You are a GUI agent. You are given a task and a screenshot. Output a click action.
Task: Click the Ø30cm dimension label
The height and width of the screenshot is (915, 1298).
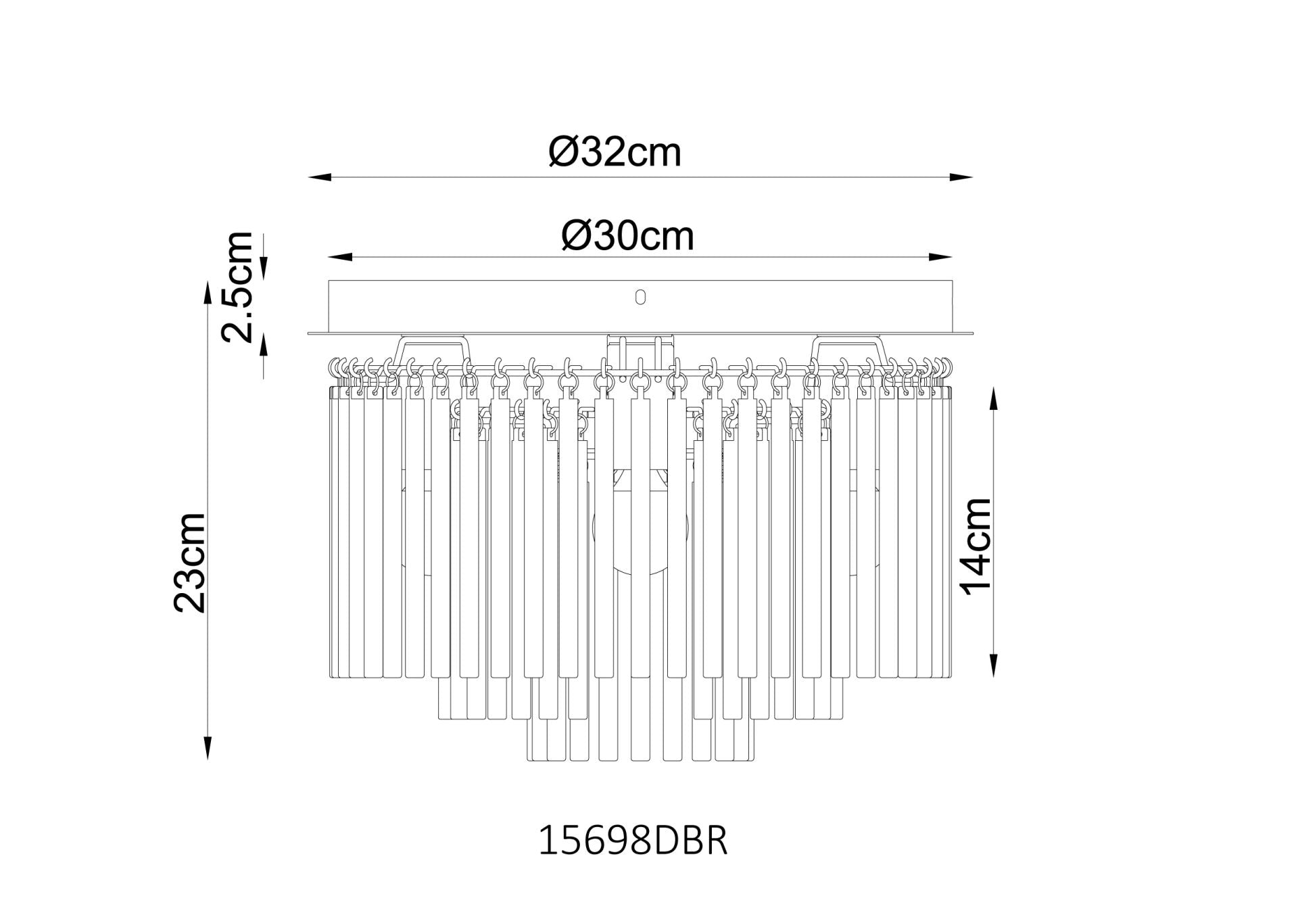point(627,236)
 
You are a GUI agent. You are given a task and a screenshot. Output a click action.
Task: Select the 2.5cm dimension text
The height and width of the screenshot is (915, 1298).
point(238,287)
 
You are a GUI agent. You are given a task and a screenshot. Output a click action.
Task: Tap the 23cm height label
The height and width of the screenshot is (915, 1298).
point(189,563)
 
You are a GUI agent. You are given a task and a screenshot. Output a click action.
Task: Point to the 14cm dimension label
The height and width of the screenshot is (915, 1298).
point(976,546)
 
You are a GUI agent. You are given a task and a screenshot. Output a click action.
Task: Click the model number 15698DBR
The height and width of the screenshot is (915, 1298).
point(632,841)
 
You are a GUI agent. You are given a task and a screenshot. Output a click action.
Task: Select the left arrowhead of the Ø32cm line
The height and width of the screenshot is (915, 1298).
point(318,178)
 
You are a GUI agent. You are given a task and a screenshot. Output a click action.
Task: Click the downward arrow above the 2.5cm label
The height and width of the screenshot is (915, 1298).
point(264,268)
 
